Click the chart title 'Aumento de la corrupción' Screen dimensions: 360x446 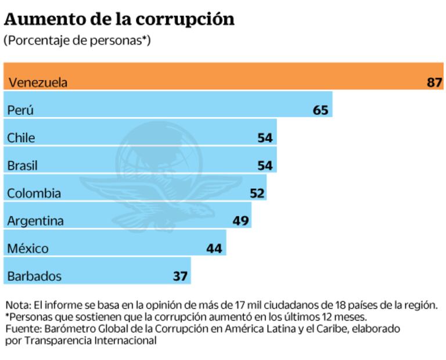(x=119, y=19)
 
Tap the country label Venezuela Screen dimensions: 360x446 (x=37, y=82)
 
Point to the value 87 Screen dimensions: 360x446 (x=434, y=82)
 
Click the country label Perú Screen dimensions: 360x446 (x=21, y=110)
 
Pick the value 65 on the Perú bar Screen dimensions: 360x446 (x=321, y=110)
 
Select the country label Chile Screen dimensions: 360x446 (x=21, y=138)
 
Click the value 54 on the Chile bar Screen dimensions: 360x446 (x=265, y=138)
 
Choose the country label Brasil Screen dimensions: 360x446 (x=23, y=165)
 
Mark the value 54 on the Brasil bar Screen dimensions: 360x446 (x=265, y=165)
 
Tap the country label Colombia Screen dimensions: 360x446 (x=34, y=193)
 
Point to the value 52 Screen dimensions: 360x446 (x=257, y=193)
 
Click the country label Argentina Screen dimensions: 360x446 (x=35, y=221)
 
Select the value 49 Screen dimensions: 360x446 (x=240, y=221)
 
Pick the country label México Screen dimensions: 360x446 (x=28, y=249)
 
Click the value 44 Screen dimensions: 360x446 (x=214, y=249)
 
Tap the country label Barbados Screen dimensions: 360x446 (x=34, y=276)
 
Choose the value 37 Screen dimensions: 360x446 (x=180, y=276)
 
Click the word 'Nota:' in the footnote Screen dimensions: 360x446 (x=18, y=305)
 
